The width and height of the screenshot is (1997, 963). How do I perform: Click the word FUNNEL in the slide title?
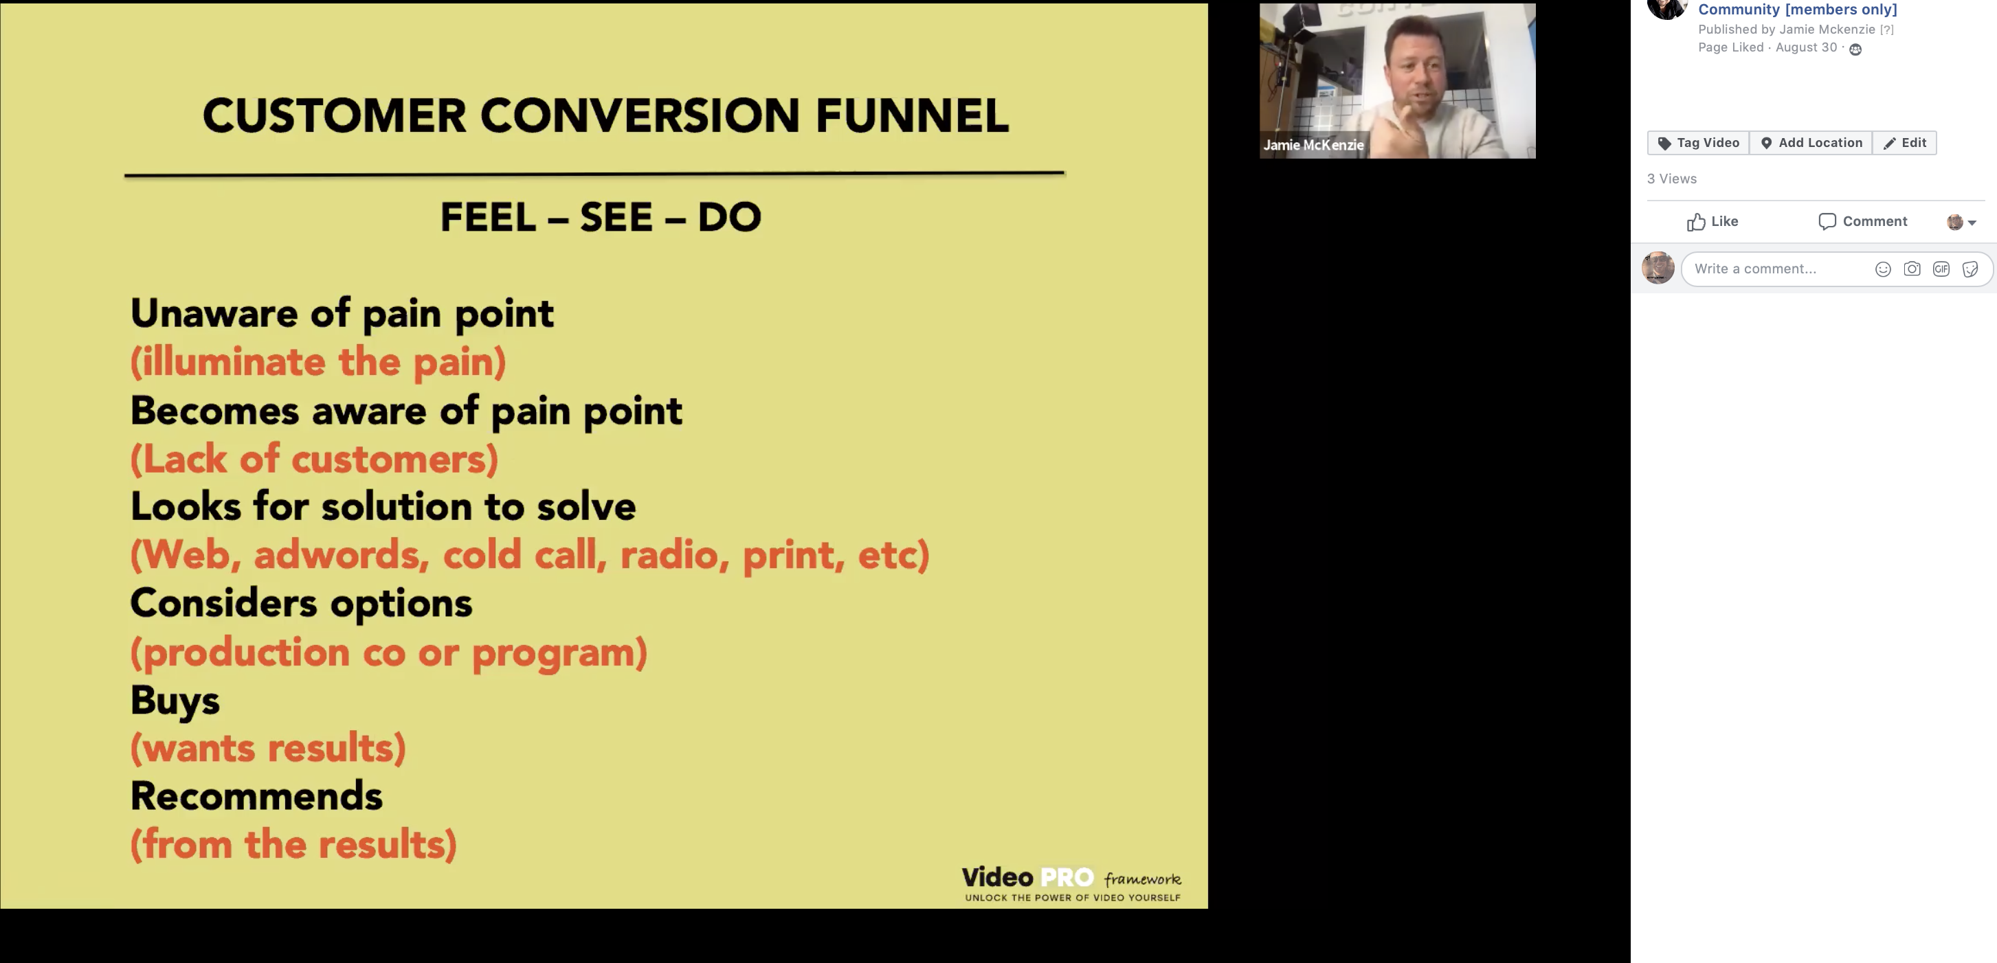click(x=912, y=116)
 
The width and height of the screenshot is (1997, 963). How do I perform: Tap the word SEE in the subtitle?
click(x=616, y=217)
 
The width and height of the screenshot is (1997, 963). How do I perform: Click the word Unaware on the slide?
click(x=214, y=313)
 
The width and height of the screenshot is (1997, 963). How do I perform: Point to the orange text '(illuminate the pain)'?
click(x=318, y=363)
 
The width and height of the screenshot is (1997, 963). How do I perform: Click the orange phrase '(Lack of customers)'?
click(x=314, y=460)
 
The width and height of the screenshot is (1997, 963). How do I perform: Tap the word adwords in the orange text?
click(x=341, y=555)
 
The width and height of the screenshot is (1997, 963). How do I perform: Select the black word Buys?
click(x=175, y=702)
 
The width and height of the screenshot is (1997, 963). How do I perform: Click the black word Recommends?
click(x=256, y=796)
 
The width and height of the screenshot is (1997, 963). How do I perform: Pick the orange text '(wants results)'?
click(x=268, y=749)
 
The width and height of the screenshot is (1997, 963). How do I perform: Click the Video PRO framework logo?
click(x=1072, y=883)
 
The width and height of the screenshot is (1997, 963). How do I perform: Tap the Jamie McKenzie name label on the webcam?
click(x=1313, y=145)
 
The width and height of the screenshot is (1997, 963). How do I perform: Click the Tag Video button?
click(x=1698, y=143)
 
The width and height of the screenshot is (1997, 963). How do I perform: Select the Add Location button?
click(x=1811, y=143)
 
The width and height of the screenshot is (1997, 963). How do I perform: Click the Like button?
click(x=1712, y=222)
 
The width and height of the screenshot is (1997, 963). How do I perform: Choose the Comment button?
click(x=1862, y=222)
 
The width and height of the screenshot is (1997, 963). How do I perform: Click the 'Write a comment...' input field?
click(x=1775, y=269)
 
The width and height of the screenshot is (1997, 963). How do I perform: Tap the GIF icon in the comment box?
click(x=1941, y=269)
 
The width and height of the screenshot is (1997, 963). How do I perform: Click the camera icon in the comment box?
click(x=1912, y=269)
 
